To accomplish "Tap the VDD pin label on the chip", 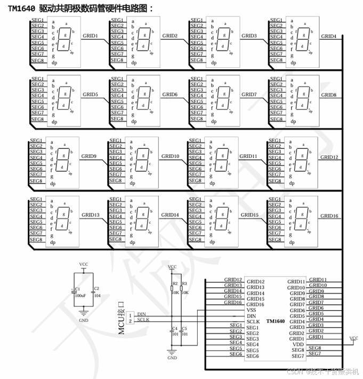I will point(298,344).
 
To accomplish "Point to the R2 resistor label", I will point(175,284).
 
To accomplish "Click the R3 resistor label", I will point(184,284).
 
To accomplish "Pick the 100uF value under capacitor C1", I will point(79,295).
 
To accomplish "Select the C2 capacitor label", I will point(96,289).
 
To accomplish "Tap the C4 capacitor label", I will point(175,328).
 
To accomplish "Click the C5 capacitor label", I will point(184,328).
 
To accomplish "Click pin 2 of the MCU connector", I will point(130,321).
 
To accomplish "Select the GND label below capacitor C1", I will point(84,320).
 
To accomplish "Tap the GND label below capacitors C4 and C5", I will point(172,358).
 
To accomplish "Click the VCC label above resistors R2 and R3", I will point(172,267).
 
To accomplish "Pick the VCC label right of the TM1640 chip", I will point(353,338).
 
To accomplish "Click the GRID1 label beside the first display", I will point(91,36).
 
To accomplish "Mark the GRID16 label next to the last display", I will point(328,216).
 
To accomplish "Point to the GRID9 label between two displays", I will point(88,156).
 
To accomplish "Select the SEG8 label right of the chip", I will point(314,348).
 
